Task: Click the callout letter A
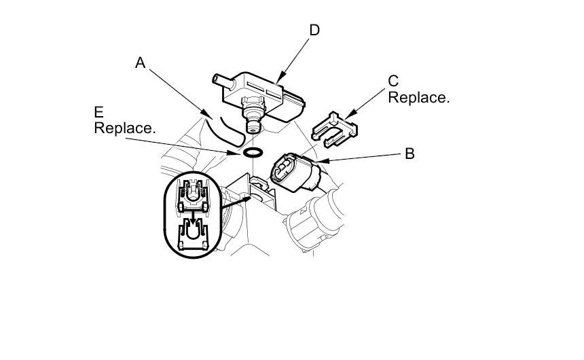pos(141,63)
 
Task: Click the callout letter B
pos(409,154)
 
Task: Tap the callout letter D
pos(314,31)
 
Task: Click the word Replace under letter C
pos(418,97)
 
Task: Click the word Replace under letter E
pos(125,128)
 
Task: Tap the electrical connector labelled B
pos(295,172)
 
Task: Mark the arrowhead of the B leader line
pos(318,162)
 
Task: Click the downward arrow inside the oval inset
pos(192,219)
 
